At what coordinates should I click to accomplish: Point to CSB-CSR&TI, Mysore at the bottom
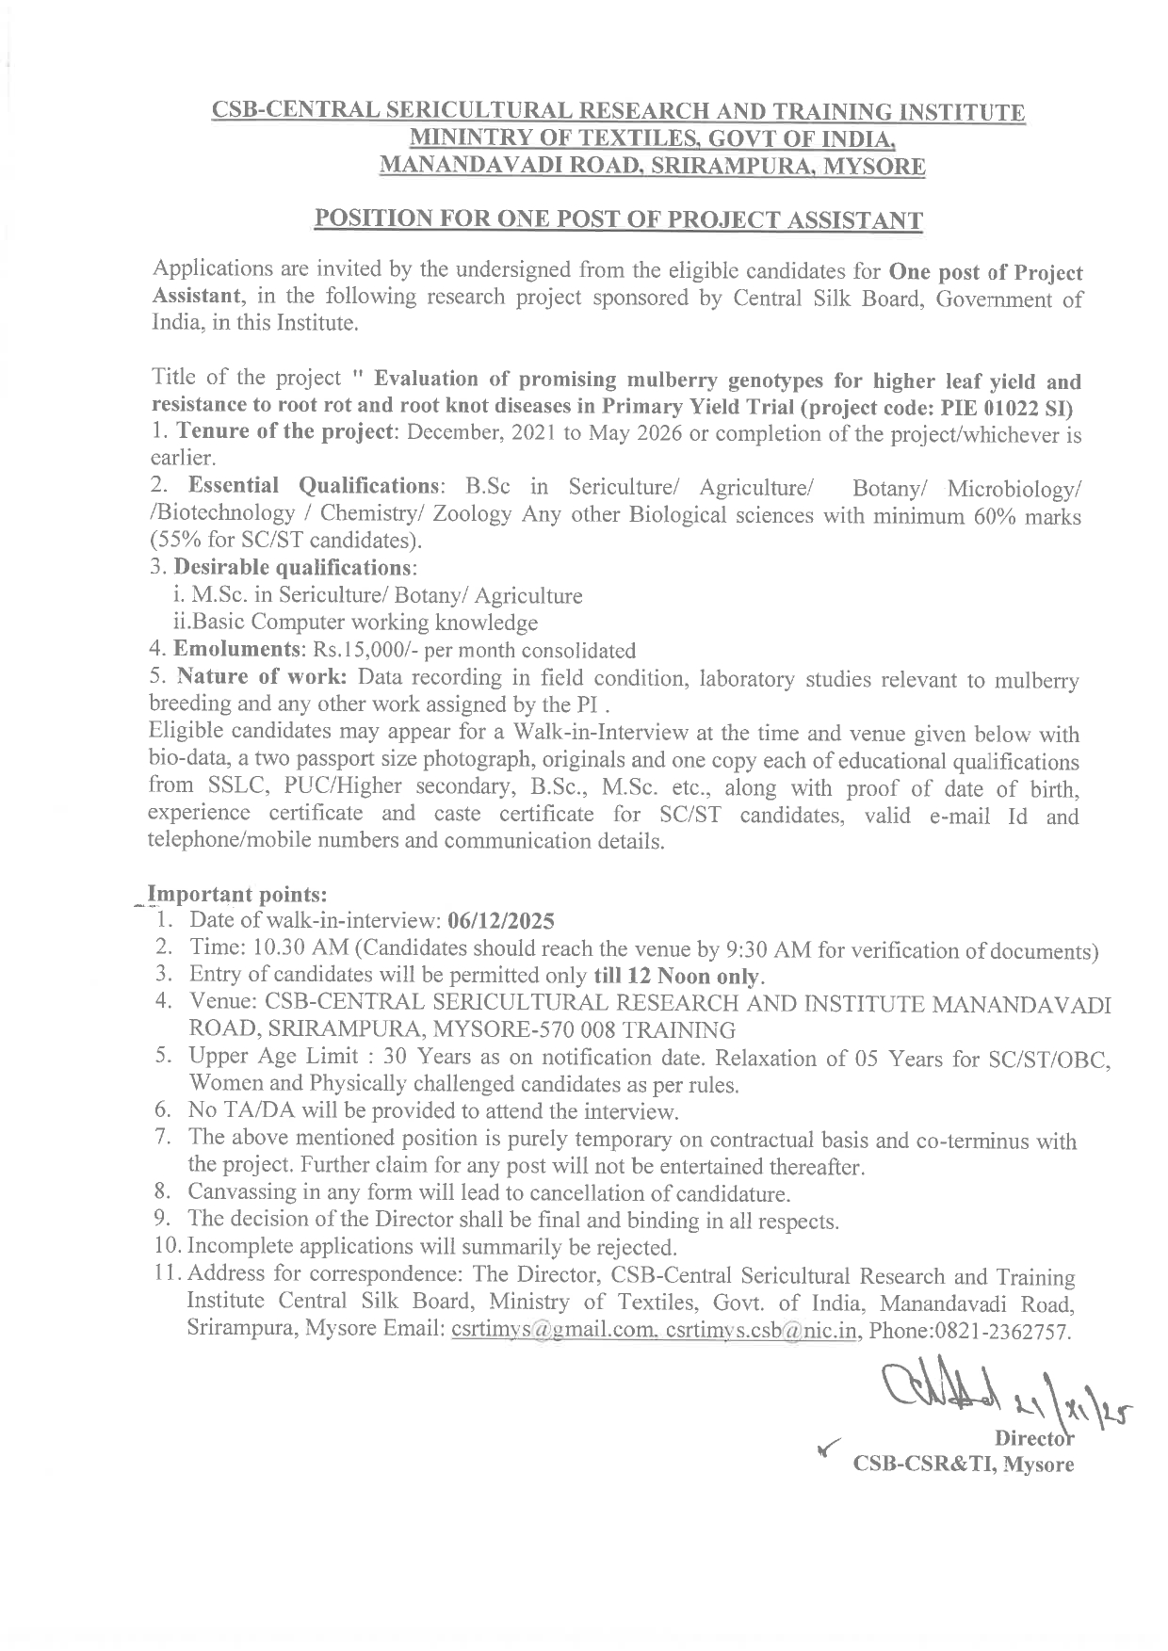point(963,1465)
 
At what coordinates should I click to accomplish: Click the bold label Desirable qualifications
point(294,568)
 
